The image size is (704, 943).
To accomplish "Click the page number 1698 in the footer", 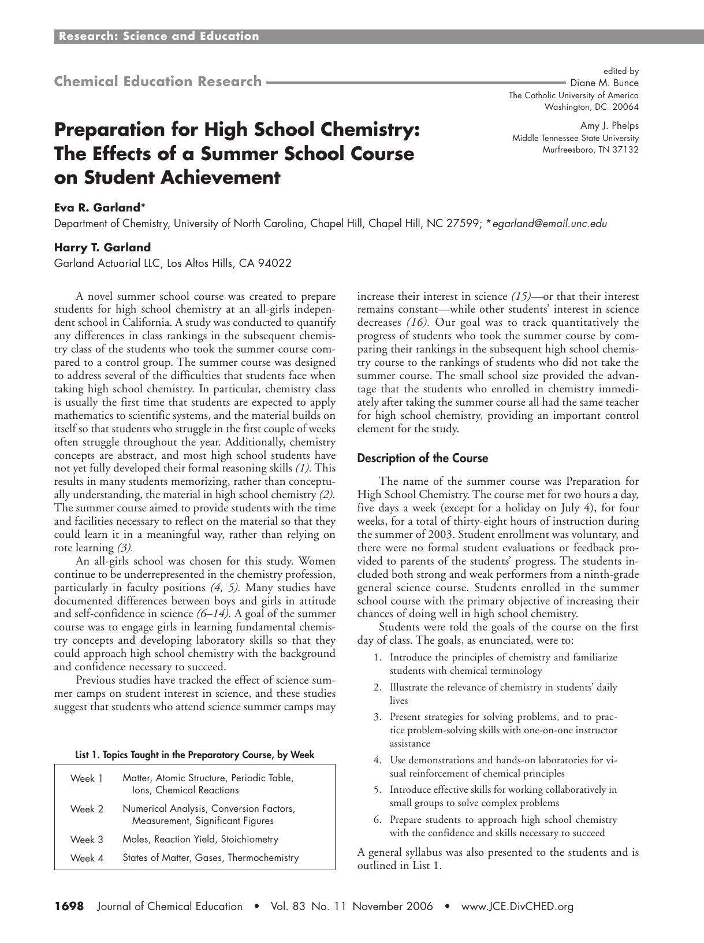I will [69, 906].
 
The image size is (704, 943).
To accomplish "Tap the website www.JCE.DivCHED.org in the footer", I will [517, 907].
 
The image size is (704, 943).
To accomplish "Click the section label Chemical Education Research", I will [158, 81].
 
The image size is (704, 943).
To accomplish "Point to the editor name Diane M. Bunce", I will [604, 83].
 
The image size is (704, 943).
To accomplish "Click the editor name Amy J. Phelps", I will [609, 125].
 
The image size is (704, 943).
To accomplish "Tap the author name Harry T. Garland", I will [102, 247].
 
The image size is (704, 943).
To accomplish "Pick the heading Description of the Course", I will [422, 458].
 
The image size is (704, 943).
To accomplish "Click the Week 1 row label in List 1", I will [87, 778].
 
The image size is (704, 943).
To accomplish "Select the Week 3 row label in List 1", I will [87, 839].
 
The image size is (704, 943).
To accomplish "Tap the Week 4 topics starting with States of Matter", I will [211, 857].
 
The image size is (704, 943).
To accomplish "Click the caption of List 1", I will [195, 755].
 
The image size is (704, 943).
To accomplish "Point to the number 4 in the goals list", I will [377, 760].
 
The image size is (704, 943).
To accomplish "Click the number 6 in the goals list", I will [377, 820].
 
